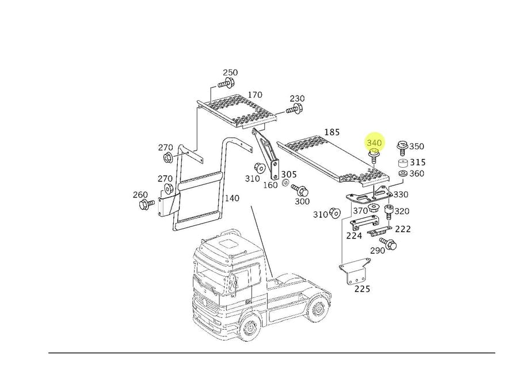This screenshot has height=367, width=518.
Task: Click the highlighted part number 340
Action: click(374, 142)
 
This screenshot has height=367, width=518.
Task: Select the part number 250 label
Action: click(230, 73)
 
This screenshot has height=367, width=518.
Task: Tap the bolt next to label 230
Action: click(295, 109)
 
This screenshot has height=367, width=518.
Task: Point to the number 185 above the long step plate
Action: click(332, 133)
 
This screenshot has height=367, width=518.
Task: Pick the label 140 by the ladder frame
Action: click(231, 198)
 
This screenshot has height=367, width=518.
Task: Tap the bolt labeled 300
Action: click(299, 190)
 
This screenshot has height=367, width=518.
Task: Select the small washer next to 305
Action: click(285, 184)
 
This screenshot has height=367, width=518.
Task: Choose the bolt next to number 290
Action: click(390, 244)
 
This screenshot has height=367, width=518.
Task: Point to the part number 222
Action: click(403, 229)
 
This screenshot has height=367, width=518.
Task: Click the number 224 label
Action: click(354, 235)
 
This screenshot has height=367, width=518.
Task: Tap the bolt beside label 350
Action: click(402, 150)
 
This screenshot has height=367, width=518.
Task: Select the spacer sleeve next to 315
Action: click(402, 163)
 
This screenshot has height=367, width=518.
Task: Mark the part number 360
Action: click(417, 174)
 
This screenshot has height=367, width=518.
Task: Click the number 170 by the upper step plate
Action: click(254, 95)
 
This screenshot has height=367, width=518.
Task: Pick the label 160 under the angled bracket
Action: click(271, 186)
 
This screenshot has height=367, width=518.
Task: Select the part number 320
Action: click(402, 211)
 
